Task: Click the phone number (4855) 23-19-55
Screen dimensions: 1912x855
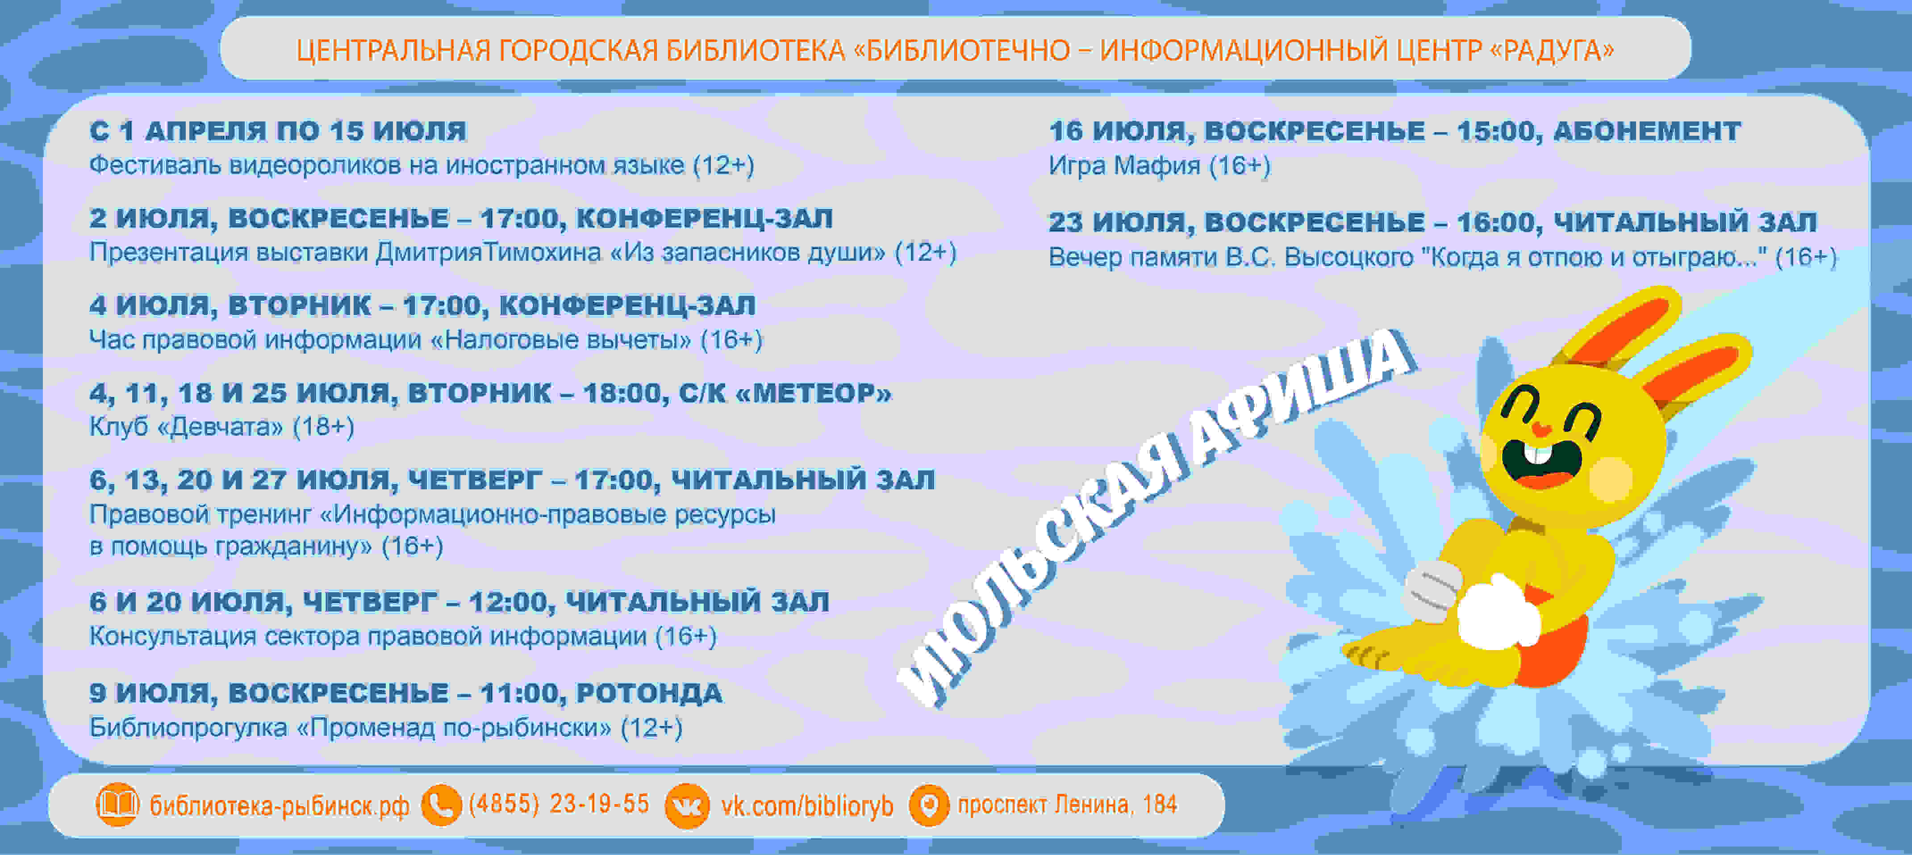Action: (x=559, y=804)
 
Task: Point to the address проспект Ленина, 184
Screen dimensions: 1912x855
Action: (x=1067, y=804)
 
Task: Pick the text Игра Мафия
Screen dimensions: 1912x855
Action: (x=1124, y=165)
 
